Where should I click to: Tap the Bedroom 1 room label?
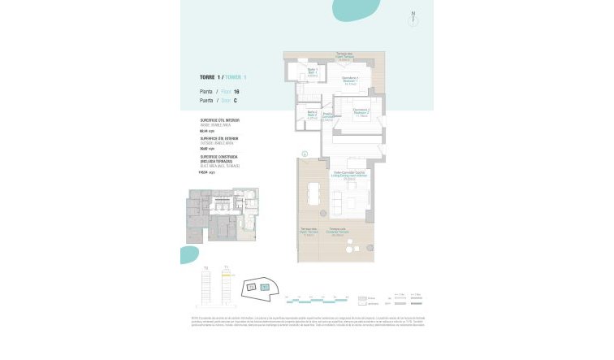coord(350,80)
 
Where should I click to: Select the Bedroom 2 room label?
coord(361,114)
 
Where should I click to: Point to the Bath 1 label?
coord(312,73)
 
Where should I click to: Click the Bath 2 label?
coord(312,115)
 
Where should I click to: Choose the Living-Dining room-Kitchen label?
coord(351,176)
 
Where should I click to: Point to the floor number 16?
coord(236,92)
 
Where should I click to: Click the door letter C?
coord(236,101)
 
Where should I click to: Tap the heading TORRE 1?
coord(210,77)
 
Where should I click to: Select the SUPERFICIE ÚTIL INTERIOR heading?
coord(220,119)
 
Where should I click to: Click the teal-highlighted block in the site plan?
coord(265,287)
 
